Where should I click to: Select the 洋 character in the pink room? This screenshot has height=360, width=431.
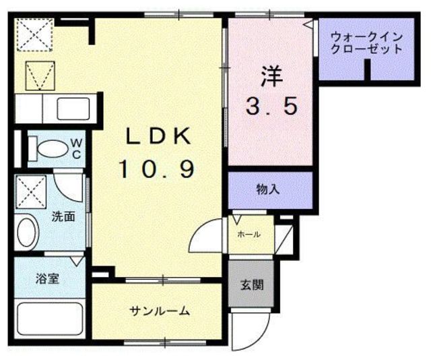click(269, 73)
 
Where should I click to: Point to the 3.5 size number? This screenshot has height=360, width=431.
click(270, 106)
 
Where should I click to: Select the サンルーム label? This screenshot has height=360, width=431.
click(160, 311)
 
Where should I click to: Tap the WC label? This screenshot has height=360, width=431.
click(76, 148)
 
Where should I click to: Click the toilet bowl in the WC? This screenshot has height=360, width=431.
click(48, 148)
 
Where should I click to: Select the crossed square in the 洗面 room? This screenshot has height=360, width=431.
click(31, 190)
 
